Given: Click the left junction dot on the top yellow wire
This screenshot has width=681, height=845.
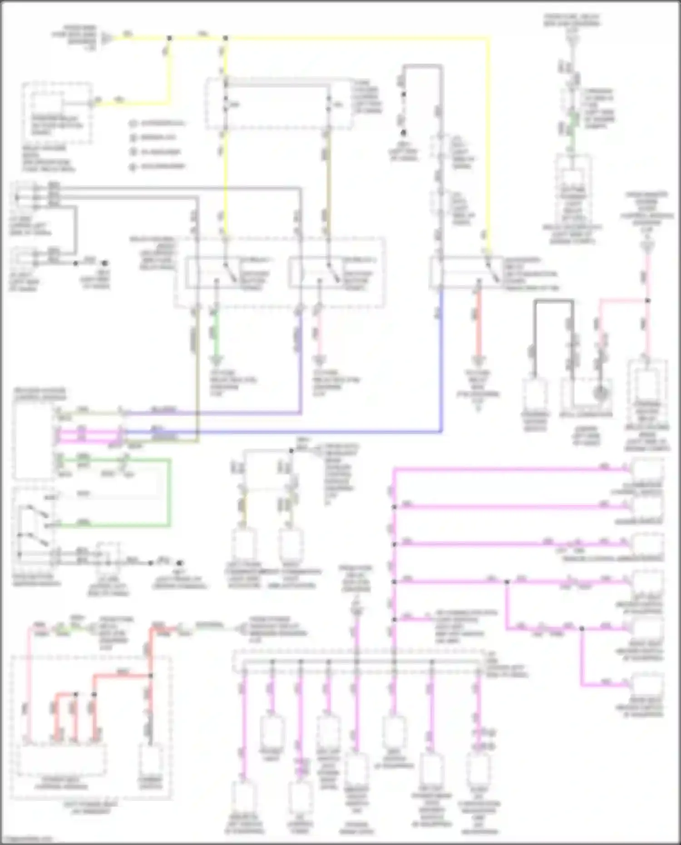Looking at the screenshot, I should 169,39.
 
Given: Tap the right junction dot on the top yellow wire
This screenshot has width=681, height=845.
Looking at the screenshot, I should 225,39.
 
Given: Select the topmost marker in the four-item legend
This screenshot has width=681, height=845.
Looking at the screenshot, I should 133,124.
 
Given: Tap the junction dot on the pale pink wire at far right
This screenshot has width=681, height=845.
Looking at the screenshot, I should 648,301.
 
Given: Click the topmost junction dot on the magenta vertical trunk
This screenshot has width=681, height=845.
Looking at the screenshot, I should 394,507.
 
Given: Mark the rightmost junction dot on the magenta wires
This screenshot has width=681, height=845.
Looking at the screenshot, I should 582,629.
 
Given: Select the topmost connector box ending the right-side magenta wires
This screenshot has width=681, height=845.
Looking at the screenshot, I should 648,470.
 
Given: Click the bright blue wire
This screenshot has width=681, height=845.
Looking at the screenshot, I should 318,432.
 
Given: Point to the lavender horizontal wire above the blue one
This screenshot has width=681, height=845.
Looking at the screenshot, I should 213,414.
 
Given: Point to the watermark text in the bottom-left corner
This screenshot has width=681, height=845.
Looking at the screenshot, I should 26,840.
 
